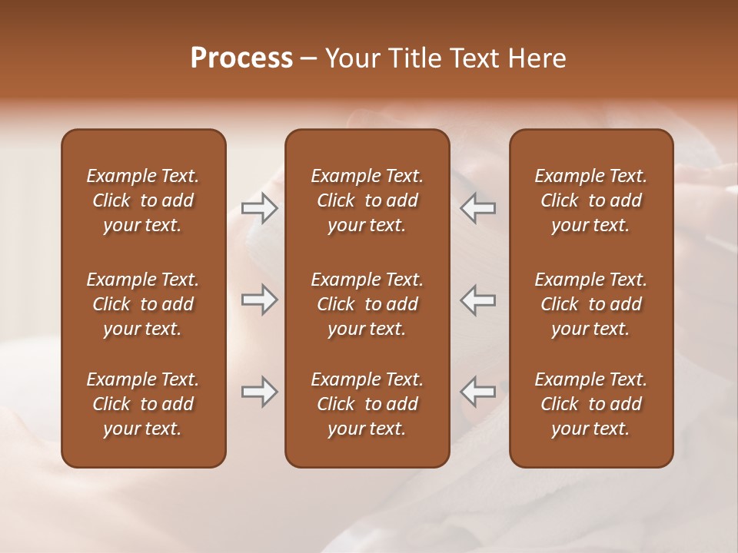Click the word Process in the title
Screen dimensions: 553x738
pos(241,58)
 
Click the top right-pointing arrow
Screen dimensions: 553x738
pos(259,207)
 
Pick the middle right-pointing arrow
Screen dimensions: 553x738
pos(259,300)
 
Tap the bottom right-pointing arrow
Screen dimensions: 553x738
pos(259,392)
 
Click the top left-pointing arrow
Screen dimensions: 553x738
pos(478,207)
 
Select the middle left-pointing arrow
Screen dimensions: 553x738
pos(478,300)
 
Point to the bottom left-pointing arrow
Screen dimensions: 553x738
pos(478,392)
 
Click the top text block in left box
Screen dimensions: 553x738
pos(143,200)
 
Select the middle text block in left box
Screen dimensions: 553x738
pos(143,304)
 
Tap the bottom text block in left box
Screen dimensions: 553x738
pos(143,404)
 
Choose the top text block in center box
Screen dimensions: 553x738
pos(367,200)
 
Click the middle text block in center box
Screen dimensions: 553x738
pos(367,304)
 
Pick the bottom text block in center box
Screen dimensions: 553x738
pos(367,404)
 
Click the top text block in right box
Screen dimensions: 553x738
pos(590,200)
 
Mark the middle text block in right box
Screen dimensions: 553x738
pos(590,304)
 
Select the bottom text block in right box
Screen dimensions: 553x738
pos(590,404)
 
